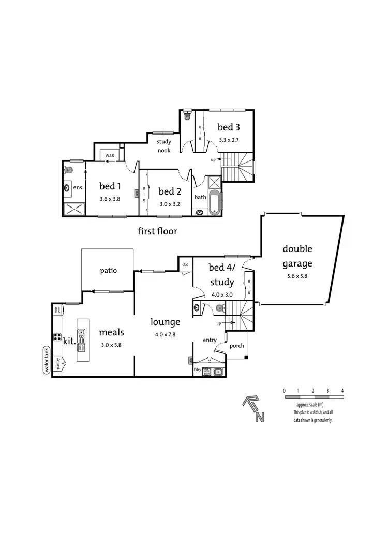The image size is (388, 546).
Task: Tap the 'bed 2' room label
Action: pyautogui.click(x=169, y=191)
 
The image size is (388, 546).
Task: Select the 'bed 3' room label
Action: pyautogui.click(x=228, y=127)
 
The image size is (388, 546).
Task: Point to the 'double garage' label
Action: pyautogui.click(x=297, y=256)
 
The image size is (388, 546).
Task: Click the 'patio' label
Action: pyautogui.click(x=108, y=271)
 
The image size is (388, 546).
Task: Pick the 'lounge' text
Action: pyautogui.click(x=165, y=322)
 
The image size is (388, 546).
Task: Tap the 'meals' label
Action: pyautogui.click(x=111, y=332)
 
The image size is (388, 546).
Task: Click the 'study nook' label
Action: pyautogui.click(x=164, y=146)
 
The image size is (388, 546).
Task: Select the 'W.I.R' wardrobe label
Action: pyautogui.click(x=110, y=155)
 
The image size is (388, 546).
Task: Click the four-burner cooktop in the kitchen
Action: pyautogui.click(x=56, y=337)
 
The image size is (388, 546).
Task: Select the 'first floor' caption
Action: pyautogui.click(x=157, y=231)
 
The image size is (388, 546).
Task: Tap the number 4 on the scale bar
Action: pyautogui.click(x=342, y=391)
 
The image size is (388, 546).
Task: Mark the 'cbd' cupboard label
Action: pyautogui.click(x=185, y=265)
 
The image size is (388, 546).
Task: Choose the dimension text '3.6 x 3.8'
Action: pyautogui.click(x=110, y=198)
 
